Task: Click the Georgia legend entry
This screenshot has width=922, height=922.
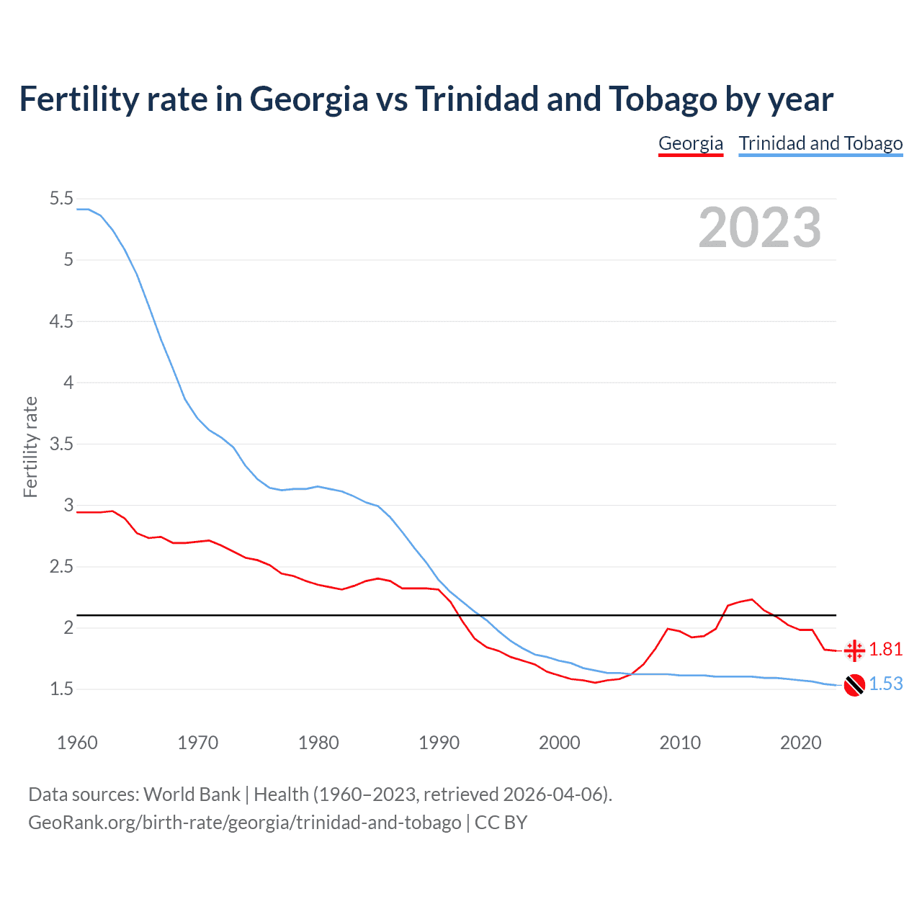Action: (x=690, y=143)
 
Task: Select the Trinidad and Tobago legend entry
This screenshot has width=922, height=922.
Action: (x=820, y=143)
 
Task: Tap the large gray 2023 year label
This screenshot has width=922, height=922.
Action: (x=759, y=228)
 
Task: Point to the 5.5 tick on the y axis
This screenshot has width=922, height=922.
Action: (x=61, y=199)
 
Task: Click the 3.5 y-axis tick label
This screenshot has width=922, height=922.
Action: (x=61, y=444)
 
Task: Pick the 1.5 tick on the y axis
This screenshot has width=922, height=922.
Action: (x=61, y=689)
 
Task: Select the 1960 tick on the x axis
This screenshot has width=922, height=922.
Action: (x=77, y=743)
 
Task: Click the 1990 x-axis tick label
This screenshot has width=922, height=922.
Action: (x=439, y=743)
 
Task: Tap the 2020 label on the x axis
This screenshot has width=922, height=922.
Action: (x=800, y=743)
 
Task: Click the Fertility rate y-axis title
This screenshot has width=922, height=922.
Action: (x=30, y=447)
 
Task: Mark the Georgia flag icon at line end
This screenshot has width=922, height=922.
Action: (x=854, y=650)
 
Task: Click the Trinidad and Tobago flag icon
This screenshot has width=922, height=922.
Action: (x=854, y=685)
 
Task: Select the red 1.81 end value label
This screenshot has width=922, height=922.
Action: (x=885, y=650)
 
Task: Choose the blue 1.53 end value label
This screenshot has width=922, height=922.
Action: (x=885, y=684)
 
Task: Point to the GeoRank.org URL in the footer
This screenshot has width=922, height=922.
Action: (x=244, y=823)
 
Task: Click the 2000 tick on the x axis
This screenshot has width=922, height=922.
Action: (x=559, y=743)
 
